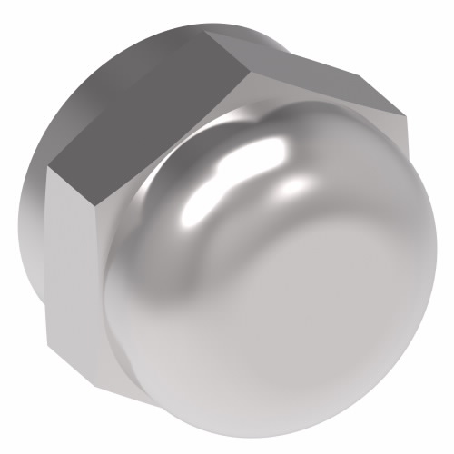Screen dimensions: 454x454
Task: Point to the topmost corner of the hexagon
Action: [207, 34]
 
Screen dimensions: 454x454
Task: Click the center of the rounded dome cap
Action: [272, 281]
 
